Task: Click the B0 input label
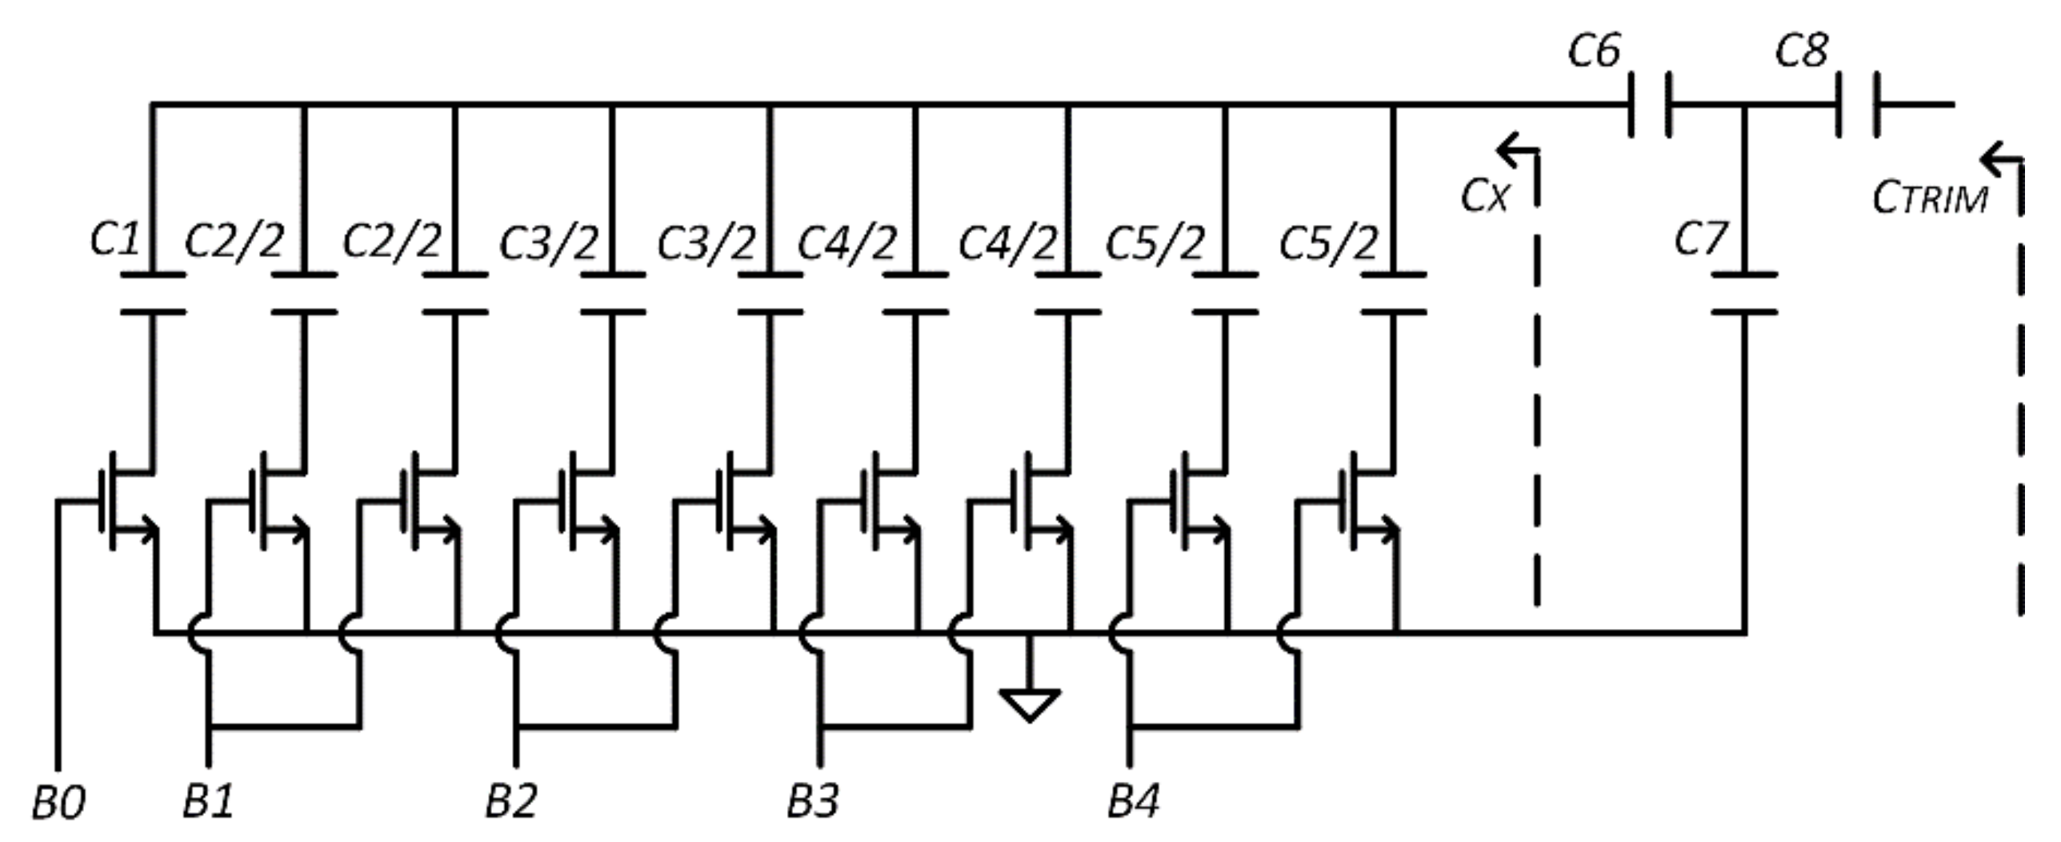coord(58,803)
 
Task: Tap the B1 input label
coord(208,801)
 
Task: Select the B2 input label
coord(511,801)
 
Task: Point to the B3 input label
coord(813,801)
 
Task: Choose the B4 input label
coord(1133,801)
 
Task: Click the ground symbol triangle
coord(1030,704)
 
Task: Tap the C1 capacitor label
coord(115,239)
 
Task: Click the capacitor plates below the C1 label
coord(153,293)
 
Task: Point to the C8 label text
coord(1801,51)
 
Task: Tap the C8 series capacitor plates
coord(1857,105)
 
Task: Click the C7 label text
coord(1700,239)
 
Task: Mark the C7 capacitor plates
coord(1744,293)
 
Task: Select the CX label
coord(1485,196)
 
